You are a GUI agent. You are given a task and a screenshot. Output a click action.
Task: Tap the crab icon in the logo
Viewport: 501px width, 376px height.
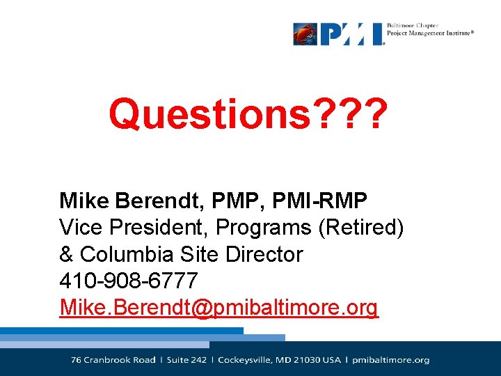[x=305, y=33]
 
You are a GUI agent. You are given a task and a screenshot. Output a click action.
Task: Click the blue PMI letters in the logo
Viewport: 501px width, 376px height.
[x=351, y=33]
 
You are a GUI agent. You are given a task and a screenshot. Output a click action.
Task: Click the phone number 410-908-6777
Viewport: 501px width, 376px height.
[x=129, y=281]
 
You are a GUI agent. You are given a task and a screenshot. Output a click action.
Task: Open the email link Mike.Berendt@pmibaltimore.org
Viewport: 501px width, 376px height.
[x=218, y=307]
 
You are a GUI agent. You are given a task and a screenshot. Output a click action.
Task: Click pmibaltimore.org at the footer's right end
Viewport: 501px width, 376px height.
[x=391, y=360]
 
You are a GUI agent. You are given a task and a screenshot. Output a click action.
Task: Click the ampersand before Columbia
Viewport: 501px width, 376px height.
[x=67, y=254]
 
